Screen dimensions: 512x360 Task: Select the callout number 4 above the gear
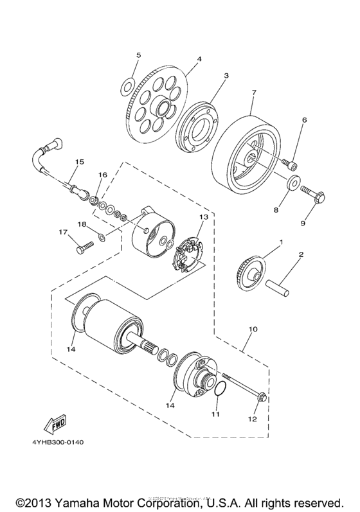(199, 59)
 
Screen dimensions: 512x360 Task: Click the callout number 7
(254, 93)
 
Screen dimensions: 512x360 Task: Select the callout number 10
(253, 329)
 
